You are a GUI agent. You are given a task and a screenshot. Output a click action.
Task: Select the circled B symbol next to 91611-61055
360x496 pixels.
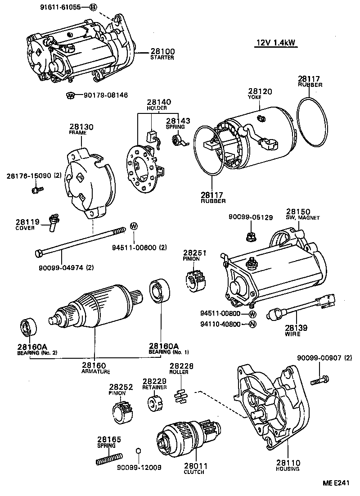93,7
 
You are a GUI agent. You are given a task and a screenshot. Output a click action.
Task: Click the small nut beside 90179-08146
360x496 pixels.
69,95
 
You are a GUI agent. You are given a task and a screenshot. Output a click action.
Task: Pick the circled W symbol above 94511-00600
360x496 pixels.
133,226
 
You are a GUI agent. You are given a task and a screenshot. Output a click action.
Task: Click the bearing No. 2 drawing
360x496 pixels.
28,327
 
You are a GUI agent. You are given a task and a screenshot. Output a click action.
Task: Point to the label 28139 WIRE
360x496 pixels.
295,330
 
